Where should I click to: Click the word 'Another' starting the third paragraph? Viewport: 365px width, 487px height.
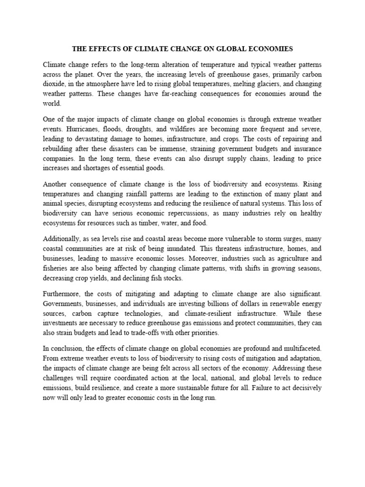57,184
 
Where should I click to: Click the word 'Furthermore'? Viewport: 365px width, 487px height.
62,294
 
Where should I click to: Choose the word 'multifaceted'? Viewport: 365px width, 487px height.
300,349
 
